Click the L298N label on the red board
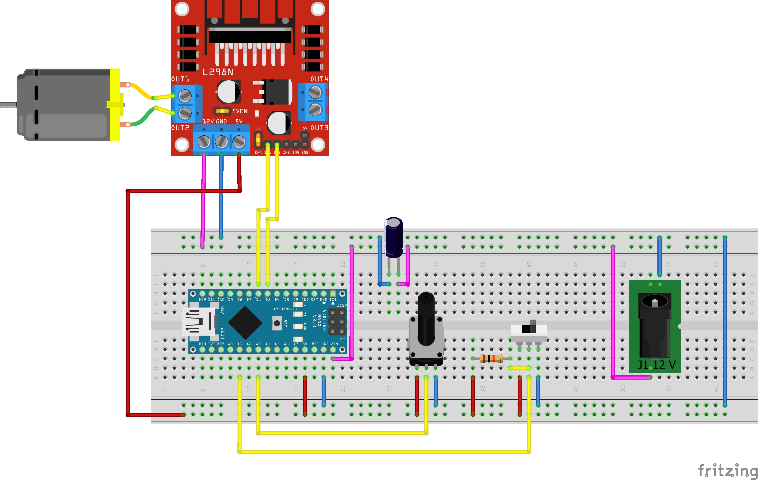(218, 72)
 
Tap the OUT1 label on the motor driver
(180, 79)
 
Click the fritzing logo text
(727, 471)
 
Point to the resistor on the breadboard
(491, 359)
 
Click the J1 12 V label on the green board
(656, 365)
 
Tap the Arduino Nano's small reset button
(277, 323)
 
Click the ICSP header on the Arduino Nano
(337, 322)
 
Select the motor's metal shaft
(8, 105)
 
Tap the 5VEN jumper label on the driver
(240, 111)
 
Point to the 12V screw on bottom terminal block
(204, 141)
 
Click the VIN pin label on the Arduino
(334, 344)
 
